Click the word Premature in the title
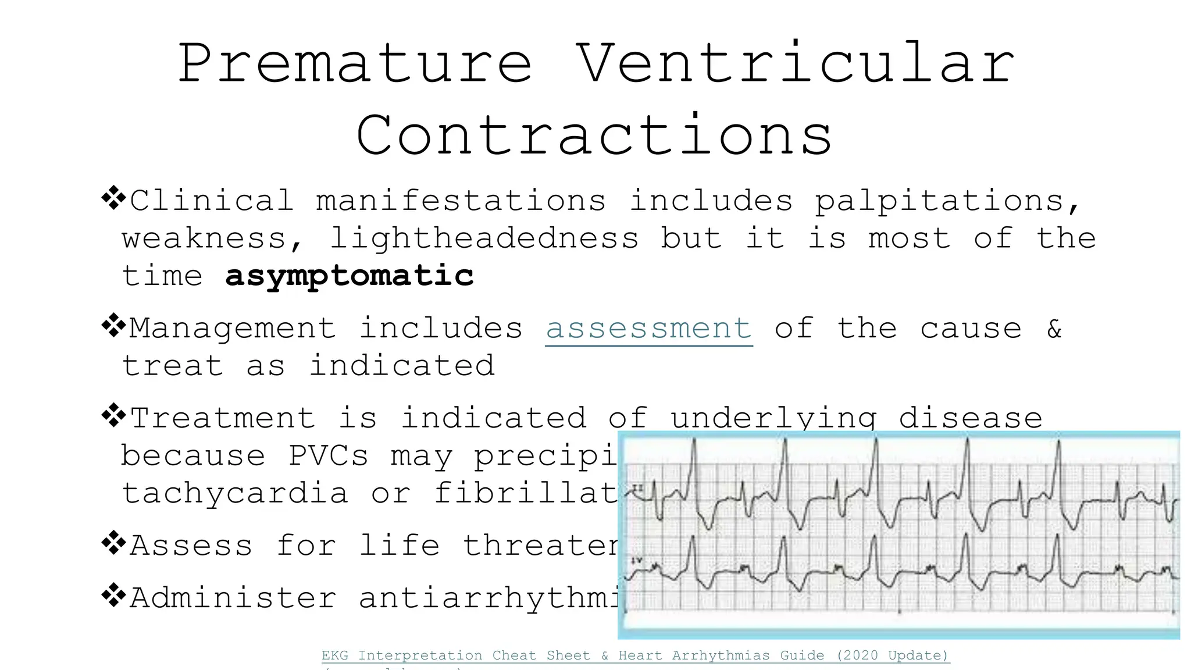(355, 64)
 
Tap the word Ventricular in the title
(796, 64)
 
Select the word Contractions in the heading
(594, 136)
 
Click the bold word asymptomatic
(350, 276)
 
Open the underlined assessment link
(649, 329)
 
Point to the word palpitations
(947, 201)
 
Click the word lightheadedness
(484, 238)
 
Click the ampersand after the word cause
(1054, 329)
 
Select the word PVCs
(329, 456)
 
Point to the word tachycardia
(235, 494)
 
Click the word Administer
(233, 598)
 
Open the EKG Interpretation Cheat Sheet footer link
(635, 655)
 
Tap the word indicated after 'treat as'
(402, 366)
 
